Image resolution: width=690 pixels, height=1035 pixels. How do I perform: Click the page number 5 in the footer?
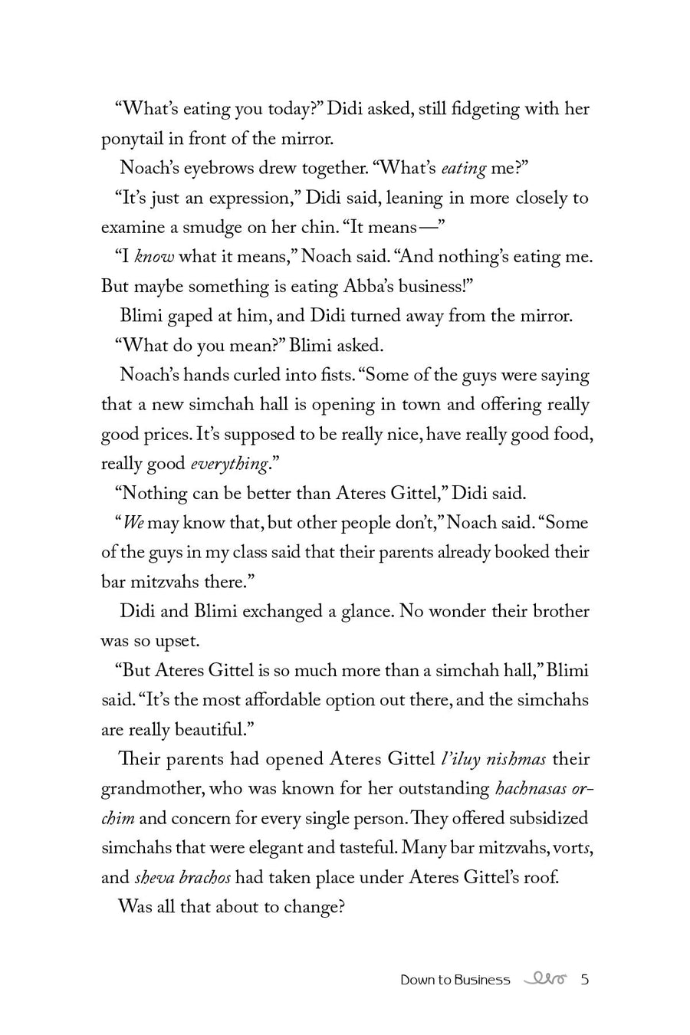tap(585, 979)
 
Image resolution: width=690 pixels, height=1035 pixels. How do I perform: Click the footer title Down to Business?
tap(455, 980)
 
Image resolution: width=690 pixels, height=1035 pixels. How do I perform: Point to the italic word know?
tap(154, 257)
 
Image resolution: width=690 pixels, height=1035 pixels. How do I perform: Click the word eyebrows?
tap(223, 168)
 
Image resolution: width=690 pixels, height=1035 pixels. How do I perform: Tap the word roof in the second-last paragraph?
tap(541, 878)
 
